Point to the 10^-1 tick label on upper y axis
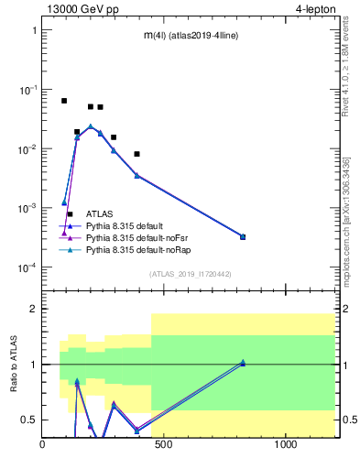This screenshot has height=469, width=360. [27, 90]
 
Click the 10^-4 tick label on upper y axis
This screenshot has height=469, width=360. [27, 267]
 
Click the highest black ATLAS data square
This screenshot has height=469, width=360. [64, 101]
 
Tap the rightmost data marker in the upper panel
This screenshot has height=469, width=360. [243, 236]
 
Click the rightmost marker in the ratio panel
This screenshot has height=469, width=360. [243, 363]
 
